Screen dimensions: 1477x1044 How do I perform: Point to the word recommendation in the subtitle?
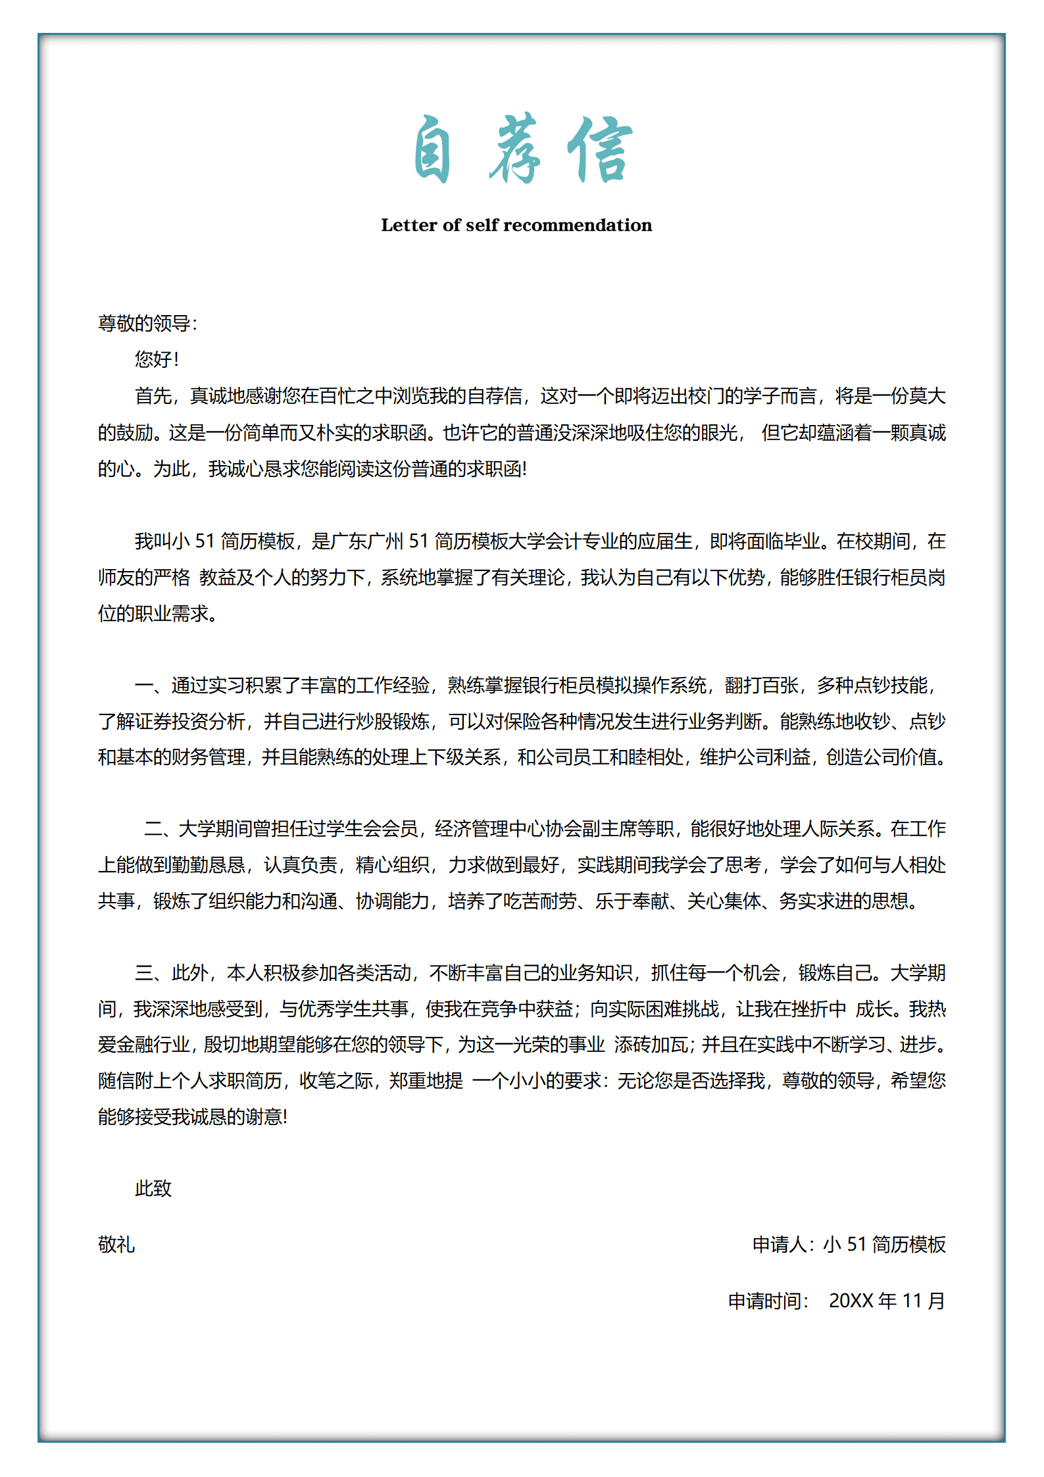point(578,225)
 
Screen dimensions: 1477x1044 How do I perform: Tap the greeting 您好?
point(156,359)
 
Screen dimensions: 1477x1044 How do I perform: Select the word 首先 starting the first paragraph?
point(153,396)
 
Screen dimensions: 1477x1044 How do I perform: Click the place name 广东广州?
point(366,541)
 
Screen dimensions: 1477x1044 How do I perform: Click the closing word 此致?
point(153,1188)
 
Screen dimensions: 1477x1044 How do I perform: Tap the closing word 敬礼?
point(116,1244)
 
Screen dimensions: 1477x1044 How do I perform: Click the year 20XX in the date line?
point(851,1301)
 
